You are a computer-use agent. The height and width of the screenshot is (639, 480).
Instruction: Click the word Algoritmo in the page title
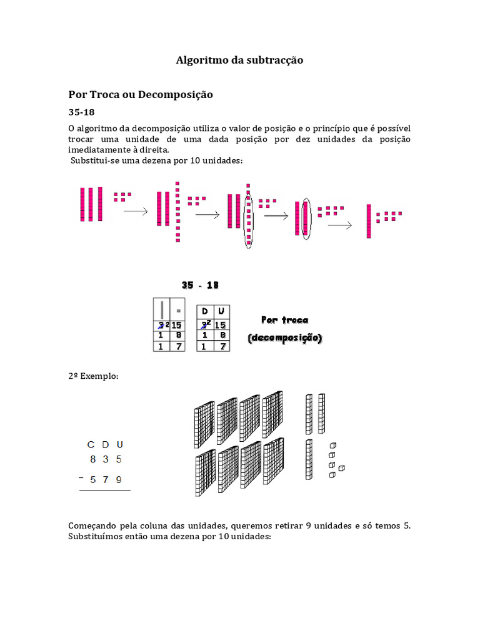[x=199, y=61]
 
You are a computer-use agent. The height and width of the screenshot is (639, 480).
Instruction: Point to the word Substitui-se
[x=94, y=161]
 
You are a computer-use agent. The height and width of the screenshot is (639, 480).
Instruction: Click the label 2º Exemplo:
[x=93, y=377]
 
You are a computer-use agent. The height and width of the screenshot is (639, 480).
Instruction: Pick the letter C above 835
[x=91, y=445]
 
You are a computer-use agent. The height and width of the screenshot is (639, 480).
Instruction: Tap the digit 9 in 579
[x=119, y=480]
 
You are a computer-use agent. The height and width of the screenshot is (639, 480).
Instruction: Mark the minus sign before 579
[x=81, y=478]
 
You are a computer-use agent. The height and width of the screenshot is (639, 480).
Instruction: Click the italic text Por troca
[x=284, y=320]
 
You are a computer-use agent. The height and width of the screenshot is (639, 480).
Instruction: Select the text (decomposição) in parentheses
[x=284, y=338]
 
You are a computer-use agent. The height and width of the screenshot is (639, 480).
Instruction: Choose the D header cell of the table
[x=204, y=311]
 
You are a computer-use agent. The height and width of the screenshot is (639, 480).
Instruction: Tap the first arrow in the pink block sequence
[x=136, y=212]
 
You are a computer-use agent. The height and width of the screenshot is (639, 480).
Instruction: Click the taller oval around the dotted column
[x=249, y=222]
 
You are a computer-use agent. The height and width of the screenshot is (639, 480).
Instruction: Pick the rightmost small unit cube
[x=342, y=468]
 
